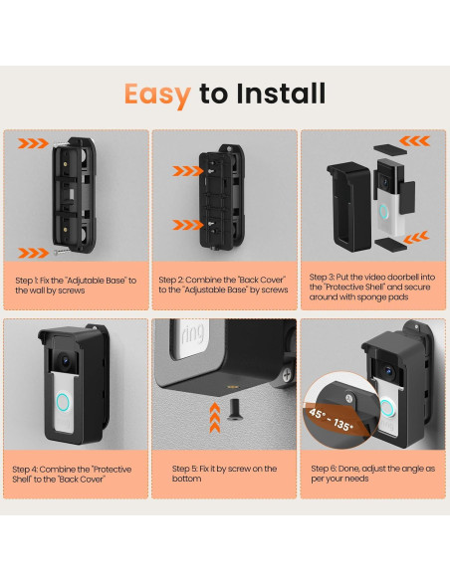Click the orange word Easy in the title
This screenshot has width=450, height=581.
(157, 95)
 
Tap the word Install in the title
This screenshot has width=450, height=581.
(281, 93)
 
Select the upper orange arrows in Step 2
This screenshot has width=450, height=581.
(188, 171)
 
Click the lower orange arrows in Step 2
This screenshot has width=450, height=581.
(188, 225)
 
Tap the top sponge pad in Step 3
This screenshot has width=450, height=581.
(390, 149)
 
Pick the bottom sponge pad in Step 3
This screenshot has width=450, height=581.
(391, 245)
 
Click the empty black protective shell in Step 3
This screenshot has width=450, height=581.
(348, 207)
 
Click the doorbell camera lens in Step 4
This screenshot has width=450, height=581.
(65, 360)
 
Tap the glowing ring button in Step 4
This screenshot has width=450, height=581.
(63, 402)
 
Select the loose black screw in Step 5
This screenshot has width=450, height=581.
(235, 409)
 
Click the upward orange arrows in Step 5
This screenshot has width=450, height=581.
(215, 418)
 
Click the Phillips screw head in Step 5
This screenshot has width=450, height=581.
(288, 375)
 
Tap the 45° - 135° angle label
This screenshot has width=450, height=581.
(331, 419)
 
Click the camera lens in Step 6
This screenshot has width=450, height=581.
(388, 370)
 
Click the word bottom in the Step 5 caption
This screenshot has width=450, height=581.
(187, 479)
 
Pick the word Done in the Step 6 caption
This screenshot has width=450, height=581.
(348, 469)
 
